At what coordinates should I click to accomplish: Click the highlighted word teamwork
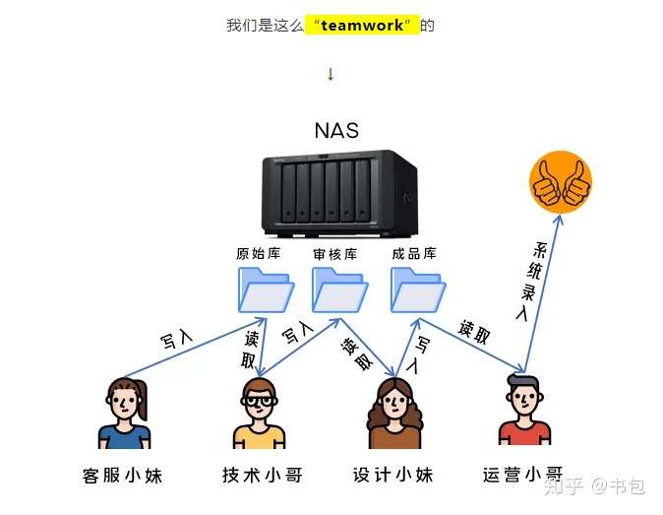coord(362,26)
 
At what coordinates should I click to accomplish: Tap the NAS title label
coord(336,130)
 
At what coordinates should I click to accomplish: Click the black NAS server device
coord(340,193)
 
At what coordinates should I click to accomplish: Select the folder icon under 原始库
coord(266,290)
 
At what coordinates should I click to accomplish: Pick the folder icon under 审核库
coord(339,290)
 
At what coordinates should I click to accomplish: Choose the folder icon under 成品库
coord(418,290)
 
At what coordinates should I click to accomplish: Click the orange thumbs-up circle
coord(561,182)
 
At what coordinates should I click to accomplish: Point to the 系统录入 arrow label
coord(532,282)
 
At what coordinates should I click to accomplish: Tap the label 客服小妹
coord(123,476)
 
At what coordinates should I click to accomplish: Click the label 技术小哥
coord(263,475)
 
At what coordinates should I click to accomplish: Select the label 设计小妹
coord(393,475)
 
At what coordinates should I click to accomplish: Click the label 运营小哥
coord(523,475)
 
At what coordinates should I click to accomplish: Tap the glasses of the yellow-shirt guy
coord(259,400)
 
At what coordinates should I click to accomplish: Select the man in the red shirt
coord(524,410)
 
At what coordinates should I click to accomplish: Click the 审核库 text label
coord(335,254)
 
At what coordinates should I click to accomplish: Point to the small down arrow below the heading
coord(331,74)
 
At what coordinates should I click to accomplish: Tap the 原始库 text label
coord(259,253)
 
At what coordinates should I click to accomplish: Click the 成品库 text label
coord(414,253)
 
